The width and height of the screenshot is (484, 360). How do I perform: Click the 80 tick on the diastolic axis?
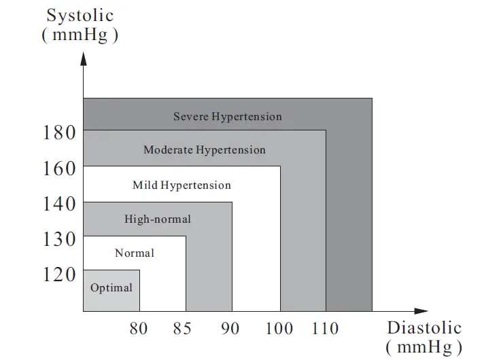click(x=139, y=329)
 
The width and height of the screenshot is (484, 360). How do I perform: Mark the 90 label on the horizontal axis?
click(x=230, y=329)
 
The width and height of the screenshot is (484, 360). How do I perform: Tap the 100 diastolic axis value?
click(x=278, y=329)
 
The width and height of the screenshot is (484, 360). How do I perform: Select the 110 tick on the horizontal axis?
click(x=325, y=329)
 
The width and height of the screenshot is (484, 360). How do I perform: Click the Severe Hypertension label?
click(x=227, y=116)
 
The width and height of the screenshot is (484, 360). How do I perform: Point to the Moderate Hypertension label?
click(x=204, y=149)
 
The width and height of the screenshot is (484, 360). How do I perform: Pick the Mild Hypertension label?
click(x=181, y=185)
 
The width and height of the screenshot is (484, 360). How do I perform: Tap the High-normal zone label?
click(x=158, y=219)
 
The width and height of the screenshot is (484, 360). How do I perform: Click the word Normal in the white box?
click(x=135, y=253)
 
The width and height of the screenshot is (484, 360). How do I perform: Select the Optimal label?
click(x=111, y=287)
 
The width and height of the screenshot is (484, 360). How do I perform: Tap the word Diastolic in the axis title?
click(x=424, y=327)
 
